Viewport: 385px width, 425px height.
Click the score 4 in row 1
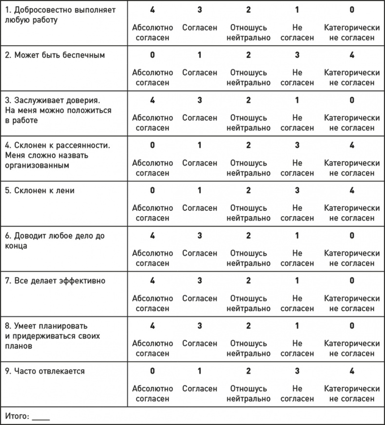coord(153,10)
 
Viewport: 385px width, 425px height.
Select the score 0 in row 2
coord(153,55)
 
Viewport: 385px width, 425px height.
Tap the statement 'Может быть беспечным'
coord(55,55)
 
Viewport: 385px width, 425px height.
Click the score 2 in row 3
coord(249,100)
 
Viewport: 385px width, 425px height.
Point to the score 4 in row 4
coord(352,145)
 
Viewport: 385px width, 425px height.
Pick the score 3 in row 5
coord(297,190)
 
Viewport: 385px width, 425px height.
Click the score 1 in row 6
coord(297,236)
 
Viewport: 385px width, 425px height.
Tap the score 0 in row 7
coord(352,281)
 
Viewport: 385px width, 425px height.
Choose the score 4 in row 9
coord(352,371)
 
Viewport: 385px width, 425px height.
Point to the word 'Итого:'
coord(17,416)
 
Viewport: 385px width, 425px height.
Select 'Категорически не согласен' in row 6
coord(352,259)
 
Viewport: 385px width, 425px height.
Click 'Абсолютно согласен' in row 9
coord(153,394)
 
